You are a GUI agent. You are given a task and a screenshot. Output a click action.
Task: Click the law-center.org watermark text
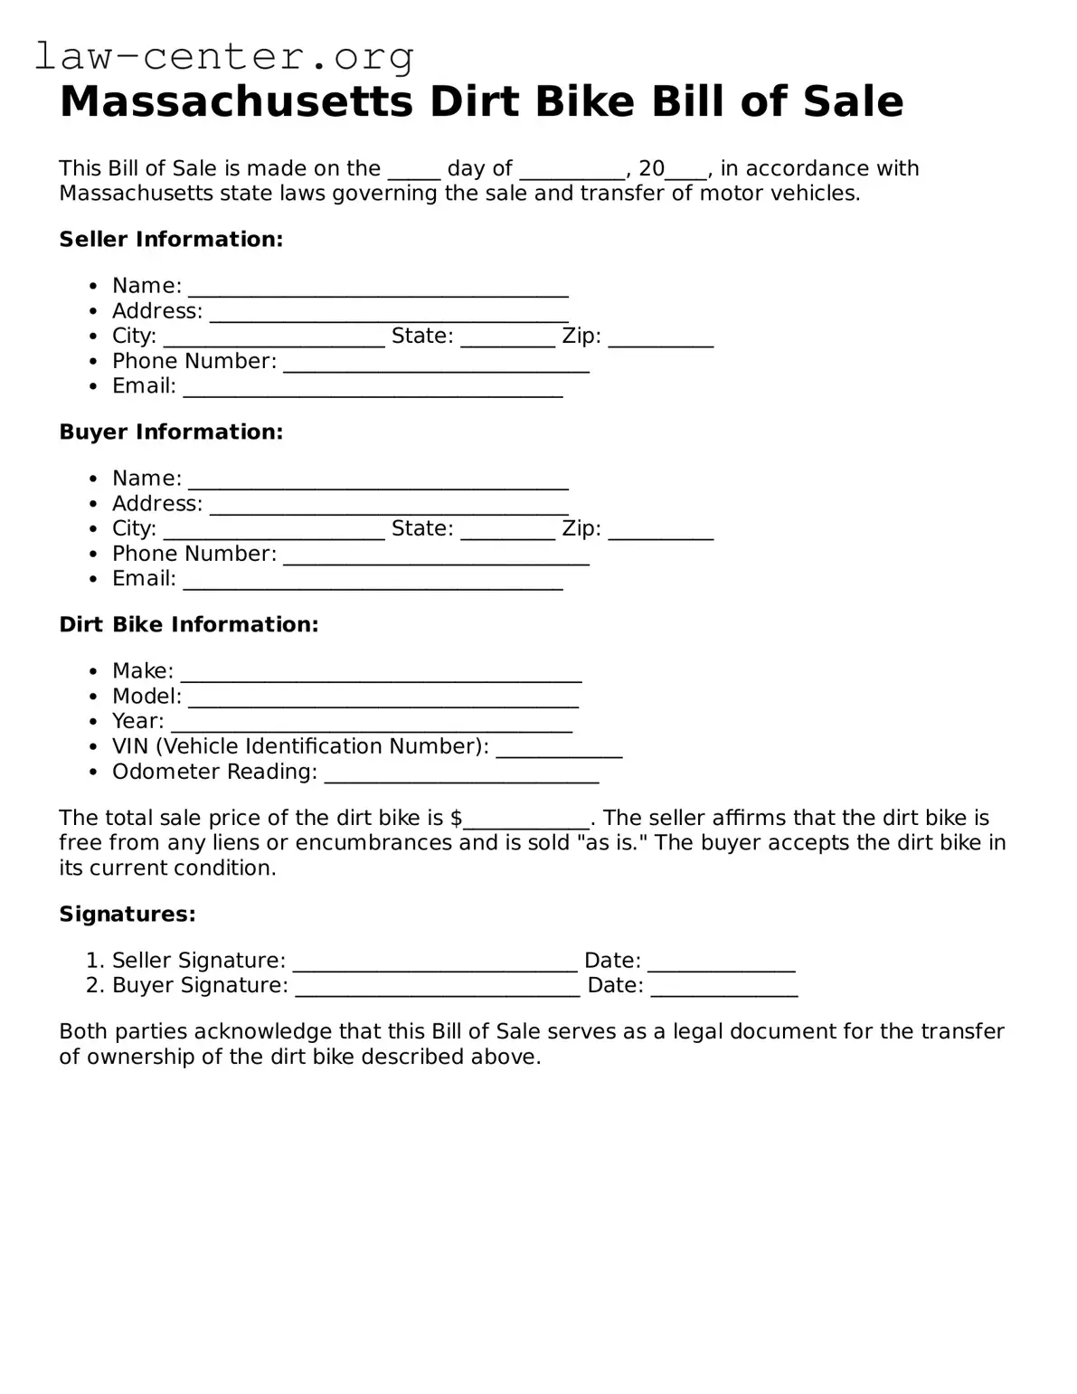click(x=223, y=56)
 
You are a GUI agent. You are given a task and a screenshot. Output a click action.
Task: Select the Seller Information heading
click(x=171, y=239)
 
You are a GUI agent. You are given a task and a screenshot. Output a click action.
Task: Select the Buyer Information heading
click(x=171, y=431)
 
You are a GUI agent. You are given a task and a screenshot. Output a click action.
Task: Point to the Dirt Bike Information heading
click(x=188, y=624)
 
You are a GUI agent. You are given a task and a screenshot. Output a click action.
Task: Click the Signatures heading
click(x=128, y=914)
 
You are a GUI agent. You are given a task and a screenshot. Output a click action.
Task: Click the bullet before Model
click(x=93, y=697)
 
